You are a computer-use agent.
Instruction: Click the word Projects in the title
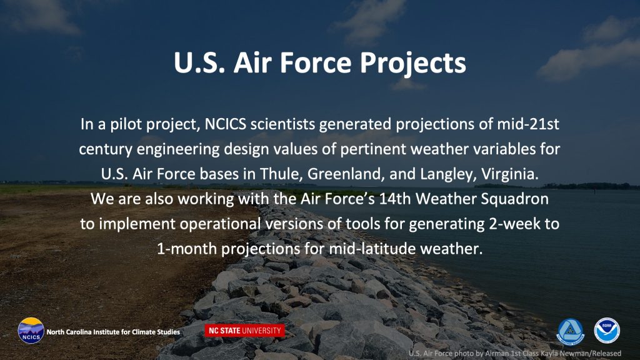[412, 63]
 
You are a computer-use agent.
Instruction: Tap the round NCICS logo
[31, 331]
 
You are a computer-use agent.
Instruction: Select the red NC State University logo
[244, 331]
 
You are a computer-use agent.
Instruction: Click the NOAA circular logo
[607, 331]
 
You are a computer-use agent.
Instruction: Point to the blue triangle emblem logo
[571, 331]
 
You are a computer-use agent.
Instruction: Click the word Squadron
[515, 199]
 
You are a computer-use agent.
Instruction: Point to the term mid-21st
[527, 124]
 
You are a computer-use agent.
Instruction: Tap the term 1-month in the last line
[187, 249]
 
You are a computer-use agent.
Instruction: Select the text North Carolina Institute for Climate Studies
[113, 332]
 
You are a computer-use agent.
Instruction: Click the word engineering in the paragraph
[178, 149]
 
